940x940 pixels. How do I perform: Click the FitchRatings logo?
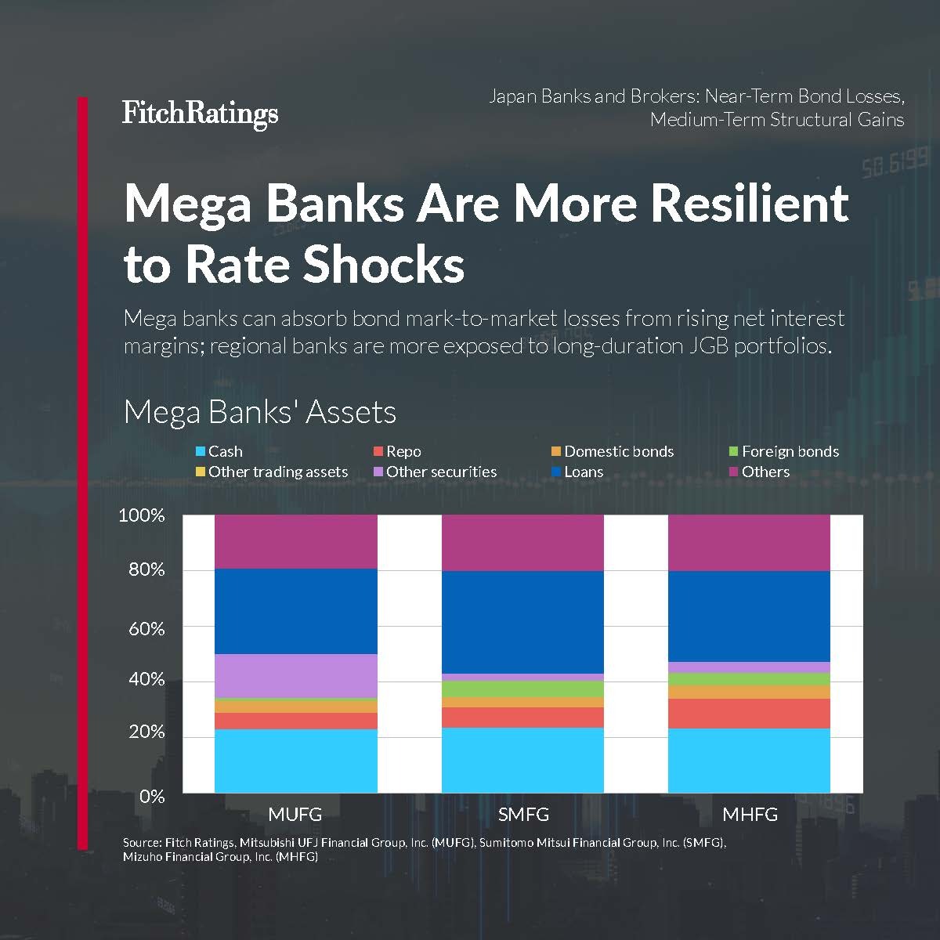(x=200, y=114)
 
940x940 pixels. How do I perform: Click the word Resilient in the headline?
(x=750, y=203)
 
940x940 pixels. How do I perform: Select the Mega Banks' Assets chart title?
(x=260, y=412)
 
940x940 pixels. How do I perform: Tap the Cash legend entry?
(x=219, y=451)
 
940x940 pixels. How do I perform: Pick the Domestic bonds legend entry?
(x=612, y=451)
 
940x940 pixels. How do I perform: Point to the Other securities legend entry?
(x=435, y=472)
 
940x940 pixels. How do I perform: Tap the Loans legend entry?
(x=577, y=472)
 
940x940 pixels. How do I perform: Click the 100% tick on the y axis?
(x=142, y=515)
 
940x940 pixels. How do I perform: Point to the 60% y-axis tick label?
(x=146, y=628)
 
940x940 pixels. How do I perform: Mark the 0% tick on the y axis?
(x=152, y=796)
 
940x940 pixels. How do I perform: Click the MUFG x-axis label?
(x=295, y=814)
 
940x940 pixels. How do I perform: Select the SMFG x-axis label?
(x=523, y=814)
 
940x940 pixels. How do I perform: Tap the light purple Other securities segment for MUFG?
(x=296, y=675)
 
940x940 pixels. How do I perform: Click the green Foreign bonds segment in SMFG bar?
(x=522, y=689)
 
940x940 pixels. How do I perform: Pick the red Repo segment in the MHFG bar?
(x=749, y=713)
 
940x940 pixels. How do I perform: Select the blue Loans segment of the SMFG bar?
(x=522, y=622)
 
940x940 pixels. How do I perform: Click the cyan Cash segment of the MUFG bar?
(x=296, y=761)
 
